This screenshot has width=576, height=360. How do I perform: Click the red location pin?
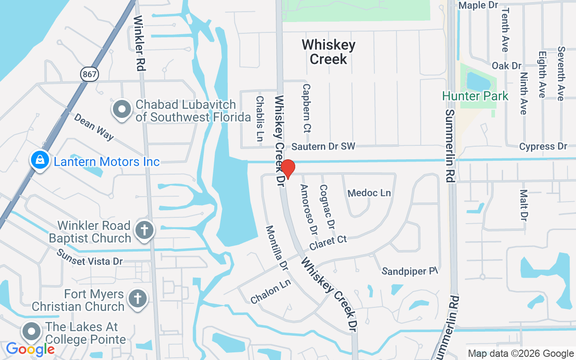[288, 169]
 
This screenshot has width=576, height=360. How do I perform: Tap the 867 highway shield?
[90, 74]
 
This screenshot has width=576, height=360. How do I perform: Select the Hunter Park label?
[475, 96]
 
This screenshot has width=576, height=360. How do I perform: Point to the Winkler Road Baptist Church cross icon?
[144, 230]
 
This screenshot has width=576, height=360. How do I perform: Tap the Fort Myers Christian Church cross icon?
[138, 298]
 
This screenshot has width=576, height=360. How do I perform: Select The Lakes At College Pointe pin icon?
[31, 332]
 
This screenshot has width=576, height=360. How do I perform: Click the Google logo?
[30, 349]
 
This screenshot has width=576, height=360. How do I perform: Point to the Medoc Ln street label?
[369, 193]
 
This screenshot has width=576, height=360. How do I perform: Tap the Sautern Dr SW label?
[323, 146]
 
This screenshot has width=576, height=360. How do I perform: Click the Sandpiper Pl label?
[409, 271]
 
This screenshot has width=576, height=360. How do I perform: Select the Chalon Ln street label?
[271, 292]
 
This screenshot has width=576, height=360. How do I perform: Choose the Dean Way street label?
[94, 126]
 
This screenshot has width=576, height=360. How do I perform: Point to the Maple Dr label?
[478, 5]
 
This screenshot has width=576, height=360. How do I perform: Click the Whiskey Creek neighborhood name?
[328, 52]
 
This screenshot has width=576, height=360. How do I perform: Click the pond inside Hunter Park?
[479, 81]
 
